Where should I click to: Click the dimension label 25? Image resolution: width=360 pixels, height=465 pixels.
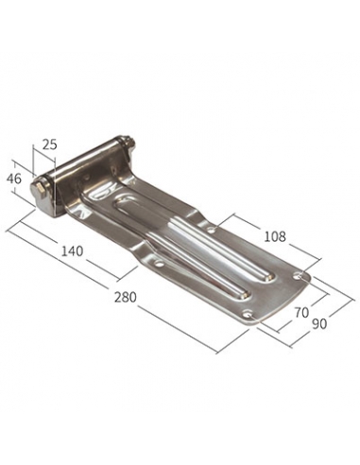50,145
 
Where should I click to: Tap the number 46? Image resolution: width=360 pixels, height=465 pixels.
14,179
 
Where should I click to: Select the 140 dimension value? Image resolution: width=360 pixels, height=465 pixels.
72,251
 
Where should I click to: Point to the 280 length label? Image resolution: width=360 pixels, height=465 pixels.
125,297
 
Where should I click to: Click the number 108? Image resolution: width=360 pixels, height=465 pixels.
275,236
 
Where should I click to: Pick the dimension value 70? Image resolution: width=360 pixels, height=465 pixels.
301,313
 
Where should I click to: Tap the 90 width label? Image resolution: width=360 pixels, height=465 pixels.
319,324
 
